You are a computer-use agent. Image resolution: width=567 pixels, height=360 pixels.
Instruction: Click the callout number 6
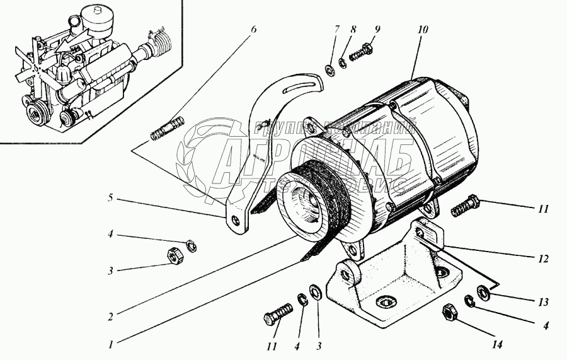pos(254,29)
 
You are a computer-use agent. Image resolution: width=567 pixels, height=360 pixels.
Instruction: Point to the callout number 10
pos(421,29)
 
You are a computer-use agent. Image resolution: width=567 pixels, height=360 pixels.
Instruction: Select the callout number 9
pos(377,29)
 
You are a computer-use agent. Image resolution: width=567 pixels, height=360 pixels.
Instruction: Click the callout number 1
pos(110,344)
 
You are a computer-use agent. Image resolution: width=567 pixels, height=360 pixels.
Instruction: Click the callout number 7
pos(337,29)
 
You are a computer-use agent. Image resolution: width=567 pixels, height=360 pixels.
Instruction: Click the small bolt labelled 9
pos(362,50)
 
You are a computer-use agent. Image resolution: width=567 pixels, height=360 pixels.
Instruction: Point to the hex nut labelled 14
pos(450,312)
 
